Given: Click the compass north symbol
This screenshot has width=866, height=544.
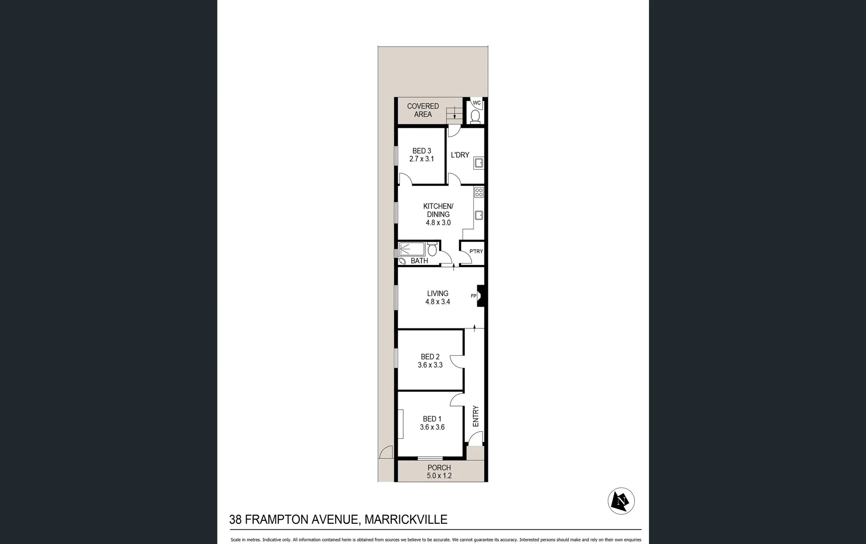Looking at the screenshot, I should pos(621,501).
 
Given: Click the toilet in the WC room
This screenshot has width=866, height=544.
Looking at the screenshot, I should pos(475,116).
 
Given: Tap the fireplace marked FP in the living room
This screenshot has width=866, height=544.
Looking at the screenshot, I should pos(480,296).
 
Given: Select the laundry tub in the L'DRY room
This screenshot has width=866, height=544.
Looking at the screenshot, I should pos(479,163).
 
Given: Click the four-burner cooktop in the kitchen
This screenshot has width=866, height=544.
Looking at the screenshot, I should pos(479,192).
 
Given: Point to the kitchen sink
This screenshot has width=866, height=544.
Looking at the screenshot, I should pos(479,215).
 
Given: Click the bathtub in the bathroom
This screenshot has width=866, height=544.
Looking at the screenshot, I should pos(411,249).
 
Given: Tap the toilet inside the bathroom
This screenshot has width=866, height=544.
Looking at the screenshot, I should pos(432,249).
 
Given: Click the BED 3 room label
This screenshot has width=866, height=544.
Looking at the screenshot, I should pos(421,151).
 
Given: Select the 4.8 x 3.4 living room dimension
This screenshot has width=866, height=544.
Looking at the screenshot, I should pos(438,302).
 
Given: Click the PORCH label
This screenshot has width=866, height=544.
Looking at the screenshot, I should pos(439,467).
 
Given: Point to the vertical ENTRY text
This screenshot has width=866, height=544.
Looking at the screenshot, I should pos(476,416).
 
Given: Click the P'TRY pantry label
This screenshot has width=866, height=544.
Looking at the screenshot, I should pos(476,251).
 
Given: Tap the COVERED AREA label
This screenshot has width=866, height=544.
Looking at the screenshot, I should pos(423,110).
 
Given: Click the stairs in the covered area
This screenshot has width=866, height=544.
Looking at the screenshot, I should pos(454,114).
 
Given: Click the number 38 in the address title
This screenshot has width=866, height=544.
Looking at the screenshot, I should pos(235,519).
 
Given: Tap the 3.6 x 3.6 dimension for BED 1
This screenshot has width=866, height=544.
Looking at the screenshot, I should pos(432,427).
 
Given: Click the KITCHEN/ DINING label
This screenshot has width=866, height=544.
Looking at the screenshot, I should pos(438,210).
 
